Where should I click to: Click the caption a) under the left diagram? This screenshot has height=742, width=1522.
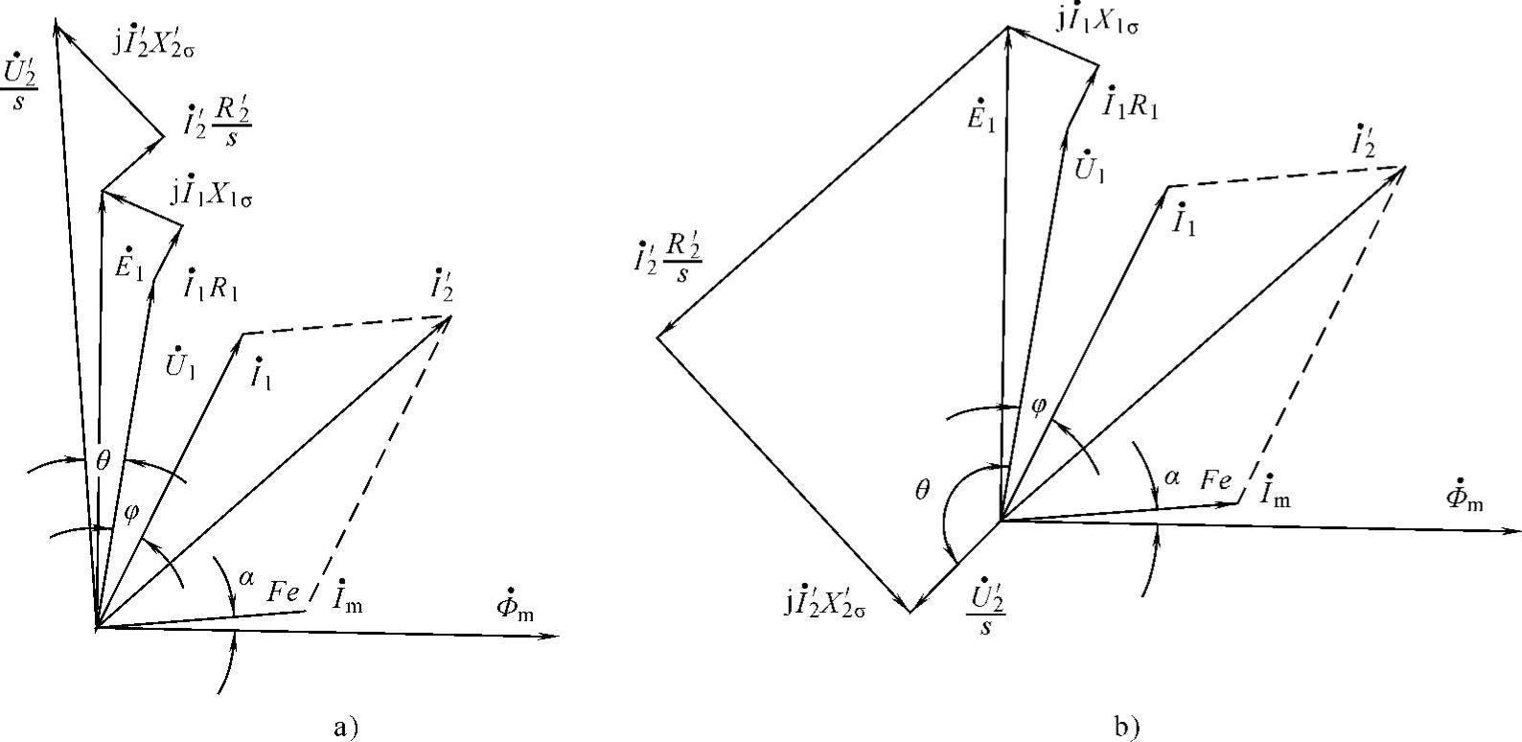coord(345,727)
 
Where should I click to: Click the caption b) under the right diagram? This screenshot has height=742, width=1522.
coord(1128,727)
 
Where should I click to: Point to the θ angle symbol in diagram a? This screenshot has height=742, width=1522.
coord(103,461)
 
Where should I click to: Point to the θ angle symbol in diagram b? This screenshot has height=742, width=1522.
coord(922,491)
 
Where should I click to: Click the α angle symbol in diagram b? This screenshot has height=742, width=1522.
coord(1170,475)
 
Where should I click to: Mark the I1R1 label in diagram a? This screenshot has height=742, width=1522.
coord(210,284)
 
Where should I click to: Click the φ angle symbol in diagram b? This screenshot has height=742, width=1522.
coord(1037,406)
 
